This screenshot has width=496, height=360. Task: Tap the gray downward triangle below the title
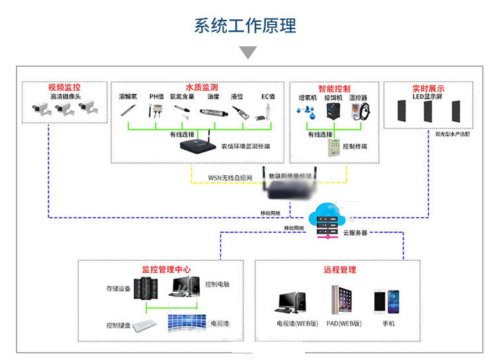click(247, 52)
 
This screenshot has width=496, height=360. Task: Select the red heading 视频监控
click(65, 87)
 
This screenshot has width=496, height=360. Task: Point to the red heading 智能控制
click(334, 88)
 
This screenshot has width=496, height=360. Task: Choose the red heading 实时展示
click(428, 88)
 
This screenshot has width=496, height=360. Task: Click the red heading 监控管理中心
click(166, 269)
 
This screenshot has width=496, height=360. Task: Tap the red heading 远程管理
click(339, 269)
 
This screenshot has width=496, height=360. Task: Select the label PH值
click(156, 97)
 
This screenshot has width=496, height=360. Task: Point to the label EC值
click(268, 97)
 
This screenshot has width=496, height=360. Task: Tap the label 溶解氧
click(128, 97)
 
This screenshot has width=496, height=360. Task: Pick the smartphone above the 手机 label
click(387, 302)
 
